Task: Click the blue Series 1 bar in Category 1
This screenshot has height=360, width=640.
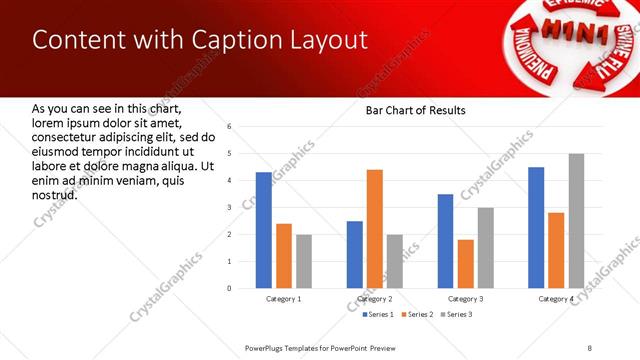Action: (264, 230)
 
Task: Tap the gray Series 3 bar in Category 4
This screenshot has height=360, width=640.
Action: (576, 221)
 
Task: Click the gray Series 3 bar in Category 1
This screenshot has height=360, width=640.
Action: (304, 261)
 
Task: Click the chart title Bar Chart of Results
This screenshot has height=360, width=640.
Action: (409, 110)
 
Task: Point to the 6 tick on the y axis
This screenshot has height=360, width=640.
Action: (230, 127)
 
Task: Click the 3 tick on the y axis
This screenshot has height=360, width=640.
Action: (230, 208)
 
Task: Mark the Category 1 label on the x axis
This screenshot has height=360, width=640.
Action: (284, 299)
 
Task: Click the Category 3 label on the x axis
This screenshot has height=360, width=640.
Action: (466, 299)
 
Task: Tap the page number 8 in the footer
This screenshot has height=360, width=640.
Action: (589, 347)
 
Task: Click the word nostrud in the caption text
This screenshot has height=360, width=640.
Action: (55, 195)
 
